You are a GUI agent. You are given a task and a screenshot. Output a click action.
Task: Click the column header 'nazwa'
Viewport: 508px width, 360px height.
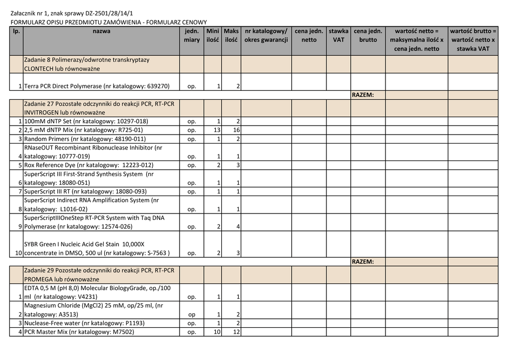tap(101, 31)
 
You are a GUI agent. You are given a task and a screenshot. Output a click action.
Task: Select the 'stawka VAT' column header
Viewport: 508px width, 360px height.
tap(338, 35)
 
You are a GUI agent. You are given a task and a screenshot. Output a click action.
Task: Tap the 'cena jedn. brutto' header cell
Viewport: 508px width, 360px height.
tap(368, 35)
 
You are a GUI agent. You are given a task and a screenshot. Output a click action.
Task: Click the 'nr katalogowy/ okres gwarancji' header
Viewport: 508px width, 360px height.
tap(266, 35)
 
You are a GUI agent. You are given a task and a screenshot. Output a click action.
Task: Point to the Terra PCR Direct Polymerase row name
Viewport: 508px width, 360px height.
tap(97, 86)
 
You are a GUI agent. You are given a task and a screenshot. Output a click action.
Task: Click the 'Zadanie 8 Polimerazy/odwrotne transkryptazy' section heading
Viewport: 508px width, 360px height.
tap(87, 60)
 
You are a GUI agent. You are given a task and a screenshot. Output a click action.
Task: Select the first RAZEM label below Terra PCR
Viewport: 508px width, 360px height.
tap(362, 95)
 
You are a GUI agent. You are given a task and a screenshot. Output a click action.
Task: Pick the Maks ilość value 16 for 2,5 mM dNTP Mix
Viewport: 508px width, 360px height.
tap(237, 130)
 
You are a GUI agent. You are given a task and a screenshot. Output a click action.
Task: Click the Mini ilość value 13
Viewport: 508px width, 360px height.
tap(217, 130)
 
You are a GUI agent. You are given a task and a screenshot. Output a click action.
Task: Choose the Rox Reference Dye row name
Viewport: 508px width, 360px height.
tap(89, 165)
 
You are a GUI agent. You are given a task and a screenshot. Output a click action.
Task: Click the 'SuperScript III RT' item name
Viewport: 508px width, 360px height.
tap(85, 191)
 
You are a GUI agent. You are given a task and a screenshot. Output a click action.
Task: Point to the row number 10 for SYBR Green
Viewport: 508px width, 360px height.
tap(18, 253)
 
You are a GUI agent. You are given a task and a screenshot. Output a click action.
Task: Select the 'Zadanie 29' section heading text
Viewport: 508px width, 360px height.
tap(99, 271)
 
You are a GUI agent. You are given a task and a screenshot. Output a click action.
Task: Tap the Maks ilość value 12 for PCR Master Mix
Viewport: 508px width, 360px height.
tap(237, 332)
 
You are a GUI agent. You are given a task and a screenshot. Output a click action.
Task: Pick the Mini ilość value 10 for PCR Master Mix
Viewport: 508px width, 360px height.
tap(217, 332)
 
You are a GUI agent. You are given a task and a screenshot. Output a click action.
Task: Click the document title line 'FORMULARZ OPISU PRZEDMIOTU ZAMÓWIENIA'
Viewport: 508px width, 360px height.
tap(109, 22)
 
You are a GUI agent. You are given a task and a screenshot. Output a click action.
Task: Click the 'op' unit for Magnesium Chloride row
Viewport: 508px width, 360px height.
tap(191, 315)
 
